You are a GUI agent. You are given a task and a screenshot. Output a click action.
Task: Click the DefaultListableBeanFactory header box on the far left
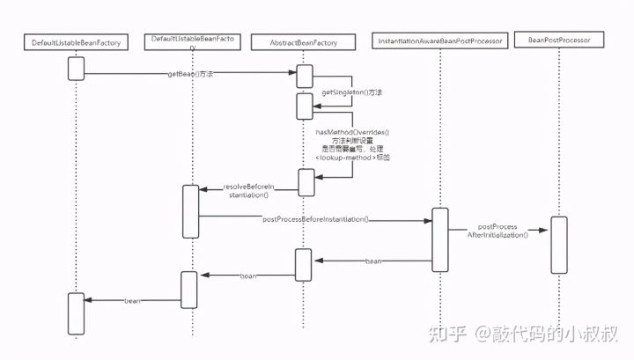pos(76,42)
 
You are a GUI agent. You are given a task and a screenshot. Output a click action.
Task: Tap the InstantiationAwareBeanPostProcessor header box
pos(439,40)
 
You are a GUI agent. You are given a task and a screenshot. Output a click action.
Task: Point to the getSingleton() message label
pos(346,92)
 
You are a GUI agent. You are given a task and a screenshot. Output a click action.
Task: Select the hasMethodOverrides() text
pos(352,132)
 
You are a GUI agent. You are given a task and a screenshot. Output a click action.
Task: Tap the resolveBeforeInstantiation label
pos(249,191)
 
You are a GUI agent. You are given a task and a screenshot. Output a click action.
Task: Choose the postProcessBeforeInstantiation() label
pos(315,218)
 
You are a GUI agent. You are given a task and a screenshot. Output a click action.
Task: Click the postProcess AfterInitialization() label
pos(498,231)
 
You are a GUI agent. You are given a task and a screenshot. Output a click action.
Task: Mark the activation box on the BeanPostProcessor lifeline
pos(558,244)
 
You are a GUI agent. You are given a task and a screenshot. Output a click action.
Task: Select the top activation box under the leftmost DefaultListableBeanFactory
pos(76,68)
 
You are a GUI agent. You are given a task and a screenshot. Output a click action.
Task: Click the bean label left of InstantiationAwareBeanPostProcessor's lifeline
pos(373,261)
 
